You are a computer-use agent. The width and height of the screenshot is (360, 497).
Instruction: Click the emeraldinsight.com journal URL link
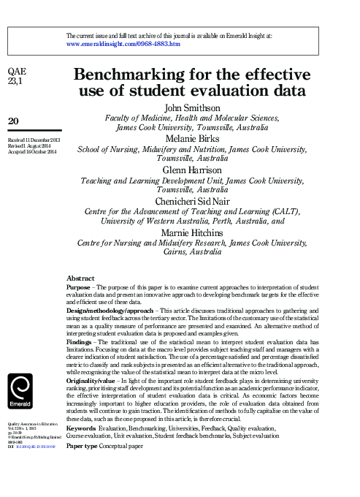click(123, 44)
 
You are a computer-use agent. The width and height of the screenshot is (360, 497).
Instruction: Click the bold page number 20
click(13, 120)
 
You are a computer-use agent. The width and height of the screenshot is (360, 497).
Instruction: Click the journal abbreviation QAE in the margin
click(16, 71)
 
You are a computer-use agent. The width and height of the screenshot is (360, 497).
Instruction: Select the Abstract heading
click(80, 278)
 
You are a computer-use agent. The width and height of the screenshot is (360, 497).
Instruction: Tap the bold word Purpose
click(79, 287)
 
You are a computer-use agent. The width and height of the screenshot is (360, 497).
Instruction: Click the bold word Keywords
click(82, 428)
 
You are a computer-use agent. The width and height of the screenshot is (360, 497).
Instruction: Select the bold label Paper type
click(83, 445)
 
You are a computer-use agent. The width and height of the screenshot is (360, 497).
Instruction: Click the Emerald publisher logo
click(19, 391)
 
